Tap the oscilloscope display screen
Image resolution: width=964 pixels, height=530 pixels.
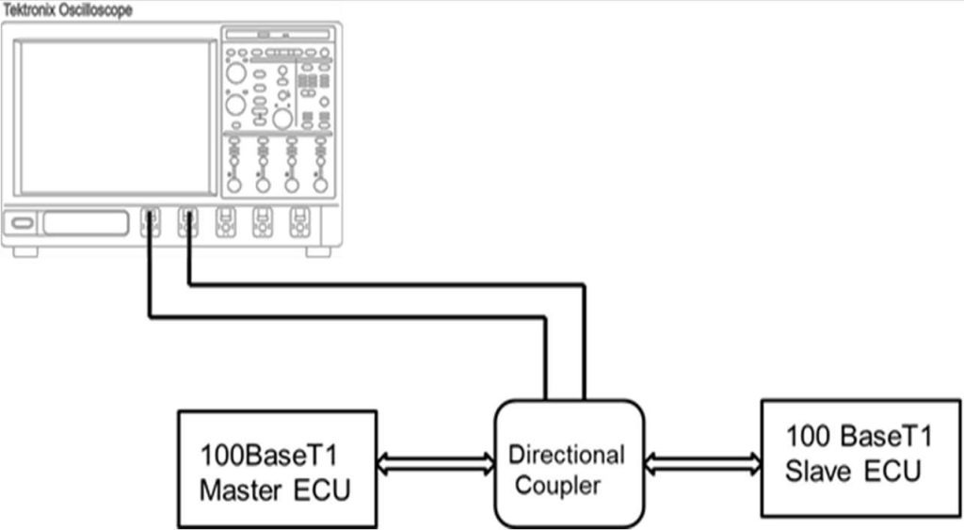tap(118, 117)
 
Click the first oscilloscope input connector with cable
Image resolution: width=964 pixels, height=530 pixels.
tap(151, 222)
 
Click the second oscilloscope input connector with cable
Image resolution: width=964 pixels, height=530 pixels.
tap(188, 222)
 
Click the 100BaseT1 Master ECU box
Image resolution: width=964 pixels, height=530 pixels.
tap(277, 468)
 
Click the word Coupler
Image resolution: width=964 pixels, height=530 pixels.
tap(557, 486)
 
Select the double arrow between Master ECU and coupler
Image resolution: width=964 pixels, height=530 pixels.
tap(436, 462)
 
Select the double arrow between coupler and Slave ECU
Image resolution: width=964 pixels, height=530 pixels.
tap(703, 462)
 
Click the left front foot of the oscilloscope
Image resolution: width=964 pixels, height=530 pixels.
tap(25, 251)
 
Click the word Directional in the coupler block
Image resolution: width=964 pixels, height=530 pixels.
tap(566, 455)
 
